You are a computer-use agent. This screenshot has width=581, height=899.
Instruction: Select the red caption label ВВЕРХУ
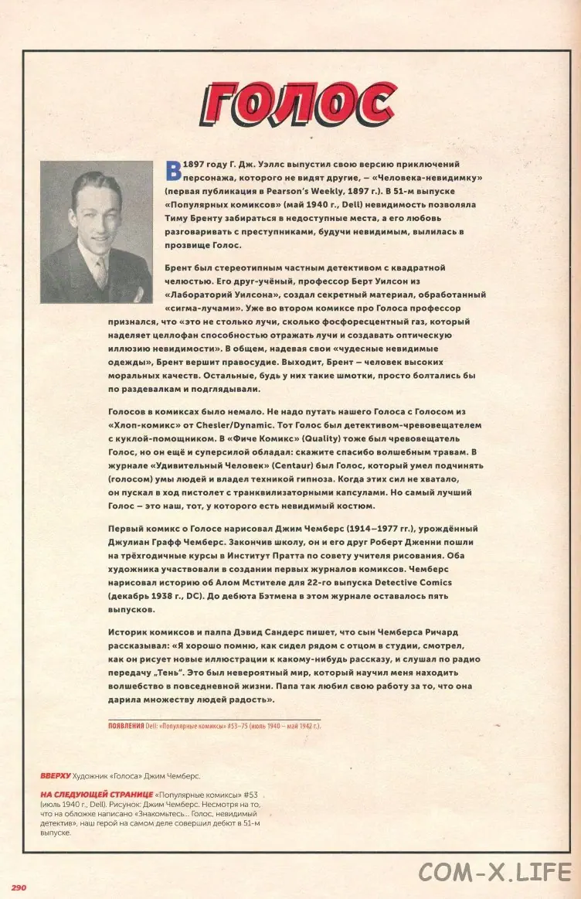click(56, 775)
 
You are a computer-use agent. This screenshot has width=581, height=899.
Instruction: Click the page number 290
click(20, 887)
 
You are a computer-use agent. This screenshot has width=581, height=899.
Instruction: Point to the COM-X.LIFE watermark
click(494, 871)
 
